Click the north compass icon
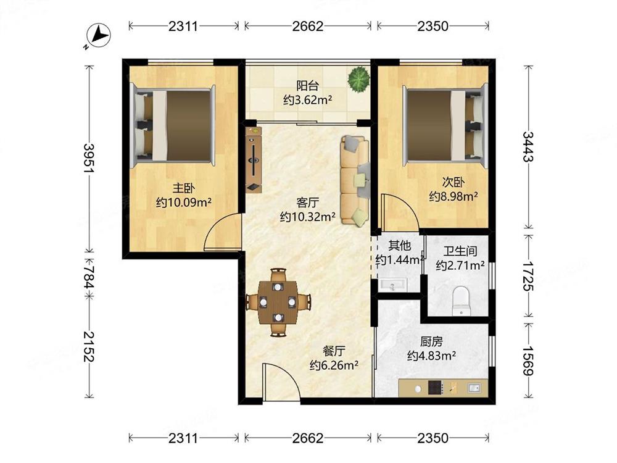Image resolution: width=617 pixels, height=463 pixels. [x=98, y=35]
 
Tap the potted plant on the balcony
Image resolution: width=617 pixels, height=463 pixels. [x=358, y=79]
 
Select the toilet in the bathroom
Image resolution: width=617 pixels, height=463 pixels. [x=461, y=301]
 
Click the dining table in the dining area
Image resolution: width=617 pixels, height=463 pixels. [x=278, y=302]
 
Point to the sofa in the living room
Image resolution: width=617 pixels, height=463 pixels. [x=355, y=180]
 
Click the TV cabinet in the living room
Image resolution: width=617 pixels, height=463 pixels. [x=254, y=159]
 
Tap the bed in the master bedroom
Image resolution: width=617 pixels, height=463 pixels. [x=173, y=125]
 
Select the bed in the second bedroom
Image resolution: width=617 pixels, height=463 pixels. [x=445, y=125]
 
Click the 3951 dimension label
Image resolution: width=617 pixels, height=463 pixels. [x=89, y=158]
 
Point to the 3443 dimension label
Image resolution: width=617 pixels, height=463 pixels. [x=528, y=146]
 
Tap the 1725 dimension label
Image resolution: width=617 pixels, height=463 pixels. [x=528, y=276]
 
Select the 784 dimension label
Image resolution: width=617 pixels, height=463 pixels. [x=89, y=277]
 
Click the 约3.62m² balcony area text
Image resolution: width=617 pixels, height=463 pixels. [x=308, y=100]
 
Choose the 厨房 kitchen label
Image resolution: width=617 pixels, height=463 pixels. [x=431, y=341]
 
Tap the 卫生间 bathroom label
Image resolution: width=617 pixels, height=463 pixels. [x=460, y=251]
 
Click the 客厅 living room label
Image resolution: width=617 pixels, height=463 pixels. [x=308, y=202]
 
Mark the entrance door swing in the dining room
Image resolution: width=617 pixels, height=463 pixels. [x=279, y=382]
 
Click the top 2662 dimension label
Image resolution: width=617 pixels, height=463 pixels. [x=308, y=26]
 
